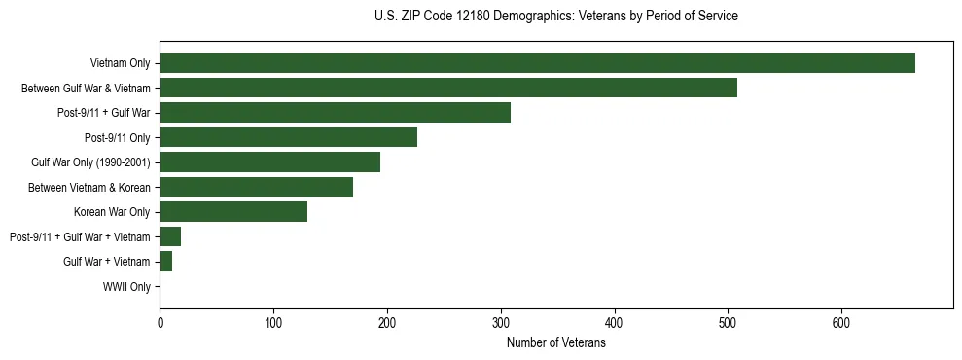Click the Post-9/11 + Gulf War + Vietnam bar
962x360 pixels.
pos(170,236)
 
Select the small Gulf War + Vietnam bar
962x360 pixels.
pos(166,262)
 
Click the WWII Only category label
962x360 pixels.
pos(126,287)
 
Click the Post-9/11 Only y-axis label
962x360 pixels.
pos(118,137)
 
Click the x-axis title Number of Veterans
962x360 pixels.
pos(555,342)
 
